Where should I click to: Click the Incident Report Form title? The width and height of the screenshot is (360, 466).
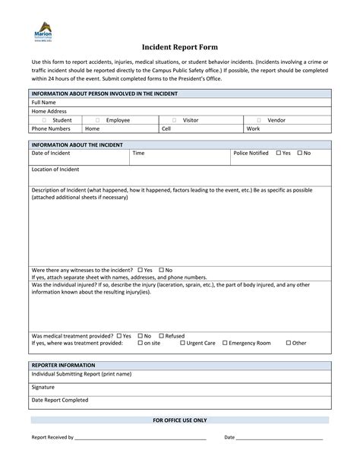pyautogui.click(x=179, y=46)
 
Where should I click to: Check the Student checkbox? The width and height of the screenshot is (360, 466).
pyautogui.click(x=44, y=120)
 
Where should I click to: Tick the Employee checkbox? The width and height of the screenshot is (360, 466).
pyautogui.click(x=97, y=120)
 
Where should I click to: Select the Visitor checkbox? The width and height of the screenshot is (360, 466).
pyautogui.click(x=174, y=120)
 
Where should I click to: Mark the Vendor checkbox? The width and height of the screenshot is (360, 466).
pyautogui.click(x=259, y=120)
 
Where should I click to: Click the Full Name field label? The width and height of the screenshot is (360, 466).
pyautogui.click(x=43, y=102)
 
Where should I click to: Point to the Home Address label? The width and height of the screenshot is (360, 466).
pyautogui.click(x=49, y=111)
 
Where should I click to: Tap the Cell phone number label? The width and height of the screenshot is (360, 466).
pyautogui.click(x=166, y=129)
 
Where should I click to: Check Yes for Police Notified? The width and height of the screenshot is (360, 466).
pyautogui.click(x=278, y=153)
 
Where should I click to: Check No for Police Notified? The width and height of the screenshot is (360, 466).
pyautogui.click(x=299, y=153)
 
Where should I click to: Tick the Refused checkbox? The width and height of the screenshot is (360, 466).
pyautogui.click(x=160, y=335)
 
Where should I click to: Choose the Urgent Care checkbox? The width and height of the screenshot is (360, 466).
pyautogui.click(x=182, y=343)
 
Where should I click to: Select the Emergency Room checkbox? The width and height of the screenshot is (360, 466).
pyautogui.click(x=225, y=343)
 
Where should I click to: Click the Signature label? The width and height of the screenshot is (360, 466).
pyautogui.click(x=44, y=387)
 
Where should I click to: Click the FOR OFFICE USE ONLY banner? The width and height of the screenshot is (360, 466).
pyautogui.click(x=179, y=420)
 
